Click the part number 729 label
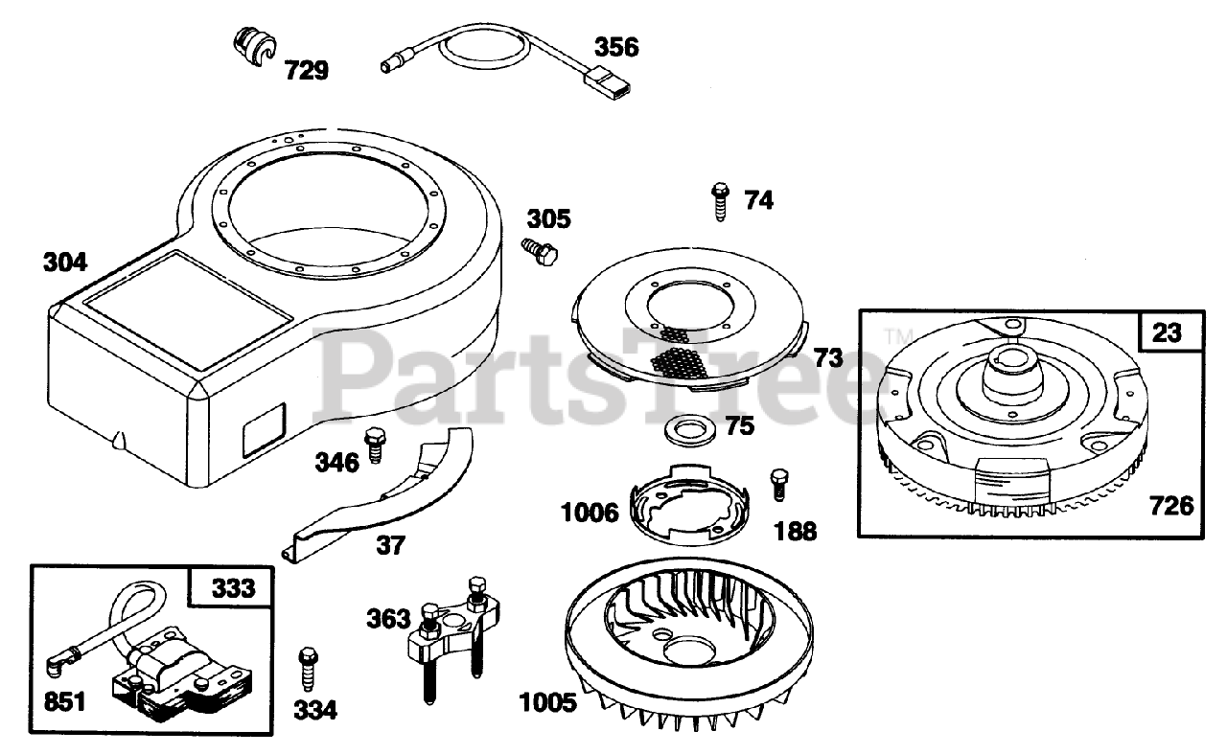(x=306, y=71)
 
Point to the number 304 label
(x=65, y=263)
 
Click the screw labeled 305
(x=540, y=252)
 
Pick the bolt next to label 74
(x=720, y=201)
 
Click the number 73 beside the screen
(x=828, y=358)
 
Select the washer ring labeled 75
(x=690, y=429)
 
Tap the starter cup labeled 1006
(x=689, y=505)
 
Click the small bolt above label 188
(x=779, y=485)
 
